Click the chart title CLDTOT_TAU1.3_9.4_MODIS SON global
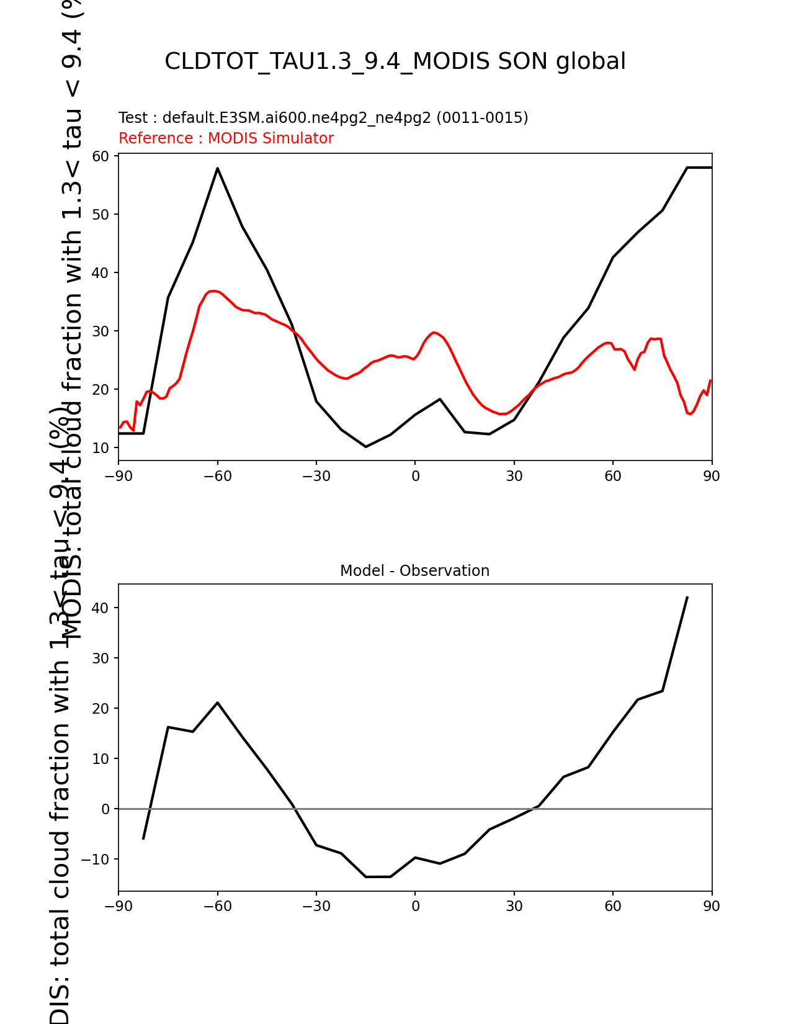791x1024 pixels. click(395, 61)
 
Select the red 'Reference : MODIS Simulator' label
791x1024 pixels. click(226, 138)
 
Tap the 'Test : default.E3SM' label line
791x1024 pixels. click(323, 118)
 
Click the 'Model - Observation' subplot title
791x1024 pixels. click(414, 571)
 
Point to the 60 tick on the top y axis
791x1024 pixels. click(101, 156)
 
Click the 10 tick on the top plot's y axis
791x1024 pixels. click(101, 448)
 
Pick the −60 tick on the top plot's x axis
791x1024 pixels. click(217, 476)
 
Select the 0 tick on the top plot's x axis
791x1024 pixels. click(415, 476)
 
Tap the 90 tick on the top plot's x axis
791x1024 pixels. click(712, 476)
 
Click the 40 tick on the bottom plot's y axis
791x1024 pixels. click(101, 608)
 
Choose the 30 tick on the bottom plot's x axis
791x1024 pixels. click(514, 906)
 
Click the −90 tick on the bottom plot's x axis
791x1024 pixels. click(118, 906)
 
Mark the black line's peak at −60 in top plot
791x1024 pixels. click(218, 168)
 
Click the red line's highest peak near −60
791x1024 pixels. click(213, 290)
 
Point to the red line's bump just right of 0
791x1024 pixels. click(434, 333)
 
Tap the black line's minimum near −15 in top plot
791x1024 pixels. click(366, 446)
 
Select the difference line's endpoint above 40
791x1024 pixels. click(687, 597)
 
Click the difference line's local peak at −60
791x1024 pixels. click(218, 703)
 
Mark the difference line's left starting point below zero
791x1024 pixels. click(143, 838)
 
